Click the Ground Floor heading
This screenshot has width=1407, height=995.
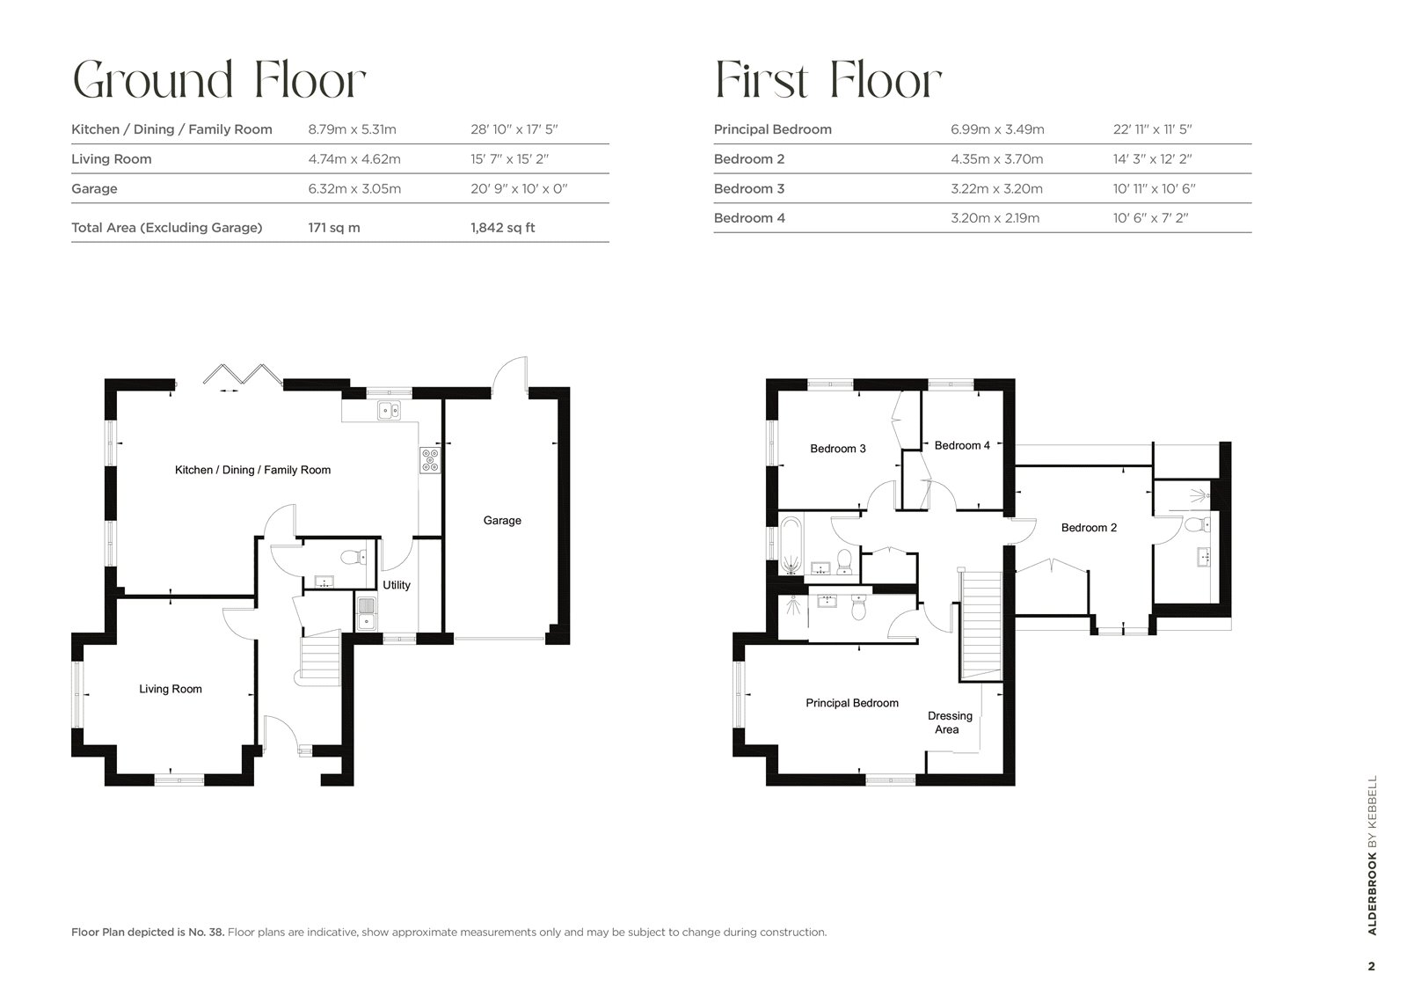(218, 81)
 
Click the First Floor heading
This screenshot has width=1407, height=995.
(827, 81)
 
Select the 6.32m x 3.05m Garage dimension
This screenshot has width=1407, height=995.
(354, 188)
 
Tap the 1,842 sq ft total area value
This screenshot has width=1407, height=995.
(502, 227)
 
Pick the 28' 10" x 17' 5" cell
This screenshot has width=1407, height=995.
(514, 129)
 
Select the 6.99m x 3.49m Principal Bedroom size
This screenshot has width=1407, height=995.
(996, 129)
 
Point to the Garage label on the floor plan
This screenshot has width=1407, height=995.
(502, 521)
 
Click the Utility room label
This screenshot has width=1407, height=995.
(397, 585)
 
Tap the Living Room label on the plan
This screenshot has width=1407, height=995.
(171, 689)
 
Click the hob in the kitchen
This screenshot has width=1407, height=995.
(430, 461)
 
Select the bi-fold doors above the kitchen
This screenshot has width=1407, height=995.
(242, 375)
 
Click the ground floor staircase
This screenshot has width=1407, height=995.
(320, 658)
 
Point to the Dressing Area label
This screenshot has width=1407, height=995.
(949, 722)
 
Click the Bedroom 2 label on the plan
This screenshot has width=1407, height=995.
(1089, 528)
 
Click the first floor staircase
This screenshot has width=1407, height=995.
(980, 626)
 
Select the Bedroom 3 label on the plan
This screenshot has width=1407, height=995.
(837, 449)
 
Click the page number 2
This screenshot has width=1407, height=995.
(1371, 966)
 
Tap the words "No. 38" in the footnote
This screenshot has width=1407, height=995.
(209, 932)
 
